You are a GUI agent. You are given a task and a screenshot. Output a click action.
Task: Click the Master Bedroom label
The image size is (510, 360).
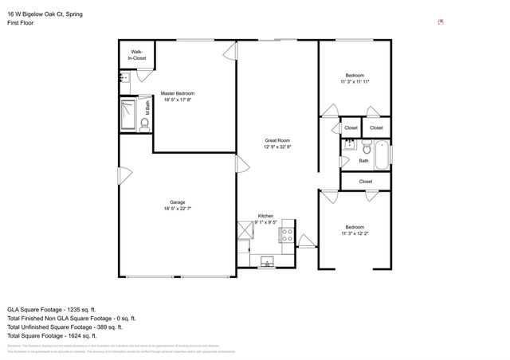coord(178,93)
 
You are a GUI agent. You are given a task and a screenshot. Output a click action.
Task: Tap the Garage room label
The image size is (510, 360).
coord(177,202)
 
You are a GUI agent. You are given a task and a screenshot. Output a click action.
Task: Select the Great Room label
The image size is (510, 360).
coord(277,141)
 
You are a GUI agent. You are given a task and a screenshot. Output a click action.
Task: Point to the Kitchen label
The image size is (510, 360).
coord(266,216)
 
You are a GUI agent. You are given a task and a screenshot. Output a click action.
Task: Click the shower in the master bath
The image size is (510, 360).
coord(127,113)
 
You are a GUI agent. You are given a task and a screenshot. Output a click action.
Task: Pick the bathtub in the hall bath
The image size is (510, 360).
coord(382,154)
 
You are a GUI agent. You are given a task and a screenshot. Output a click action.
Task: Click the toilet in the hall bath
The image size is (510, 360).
coord(367,148)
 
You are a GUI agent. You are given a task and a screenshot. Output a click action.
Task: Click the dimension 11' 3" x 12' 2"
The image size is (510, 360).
coord(355,233)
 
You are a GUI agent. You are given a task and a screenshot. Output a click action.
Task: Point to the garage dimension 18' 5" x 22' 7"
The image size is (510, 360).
coord(177,208)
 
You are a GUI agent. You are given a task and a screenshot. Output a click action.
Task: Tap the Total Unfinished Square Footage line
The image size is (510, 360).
coord(65,327)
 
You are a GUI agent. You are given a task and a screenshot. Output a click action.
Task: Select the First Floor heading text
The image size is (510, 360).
coord(20,24)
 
